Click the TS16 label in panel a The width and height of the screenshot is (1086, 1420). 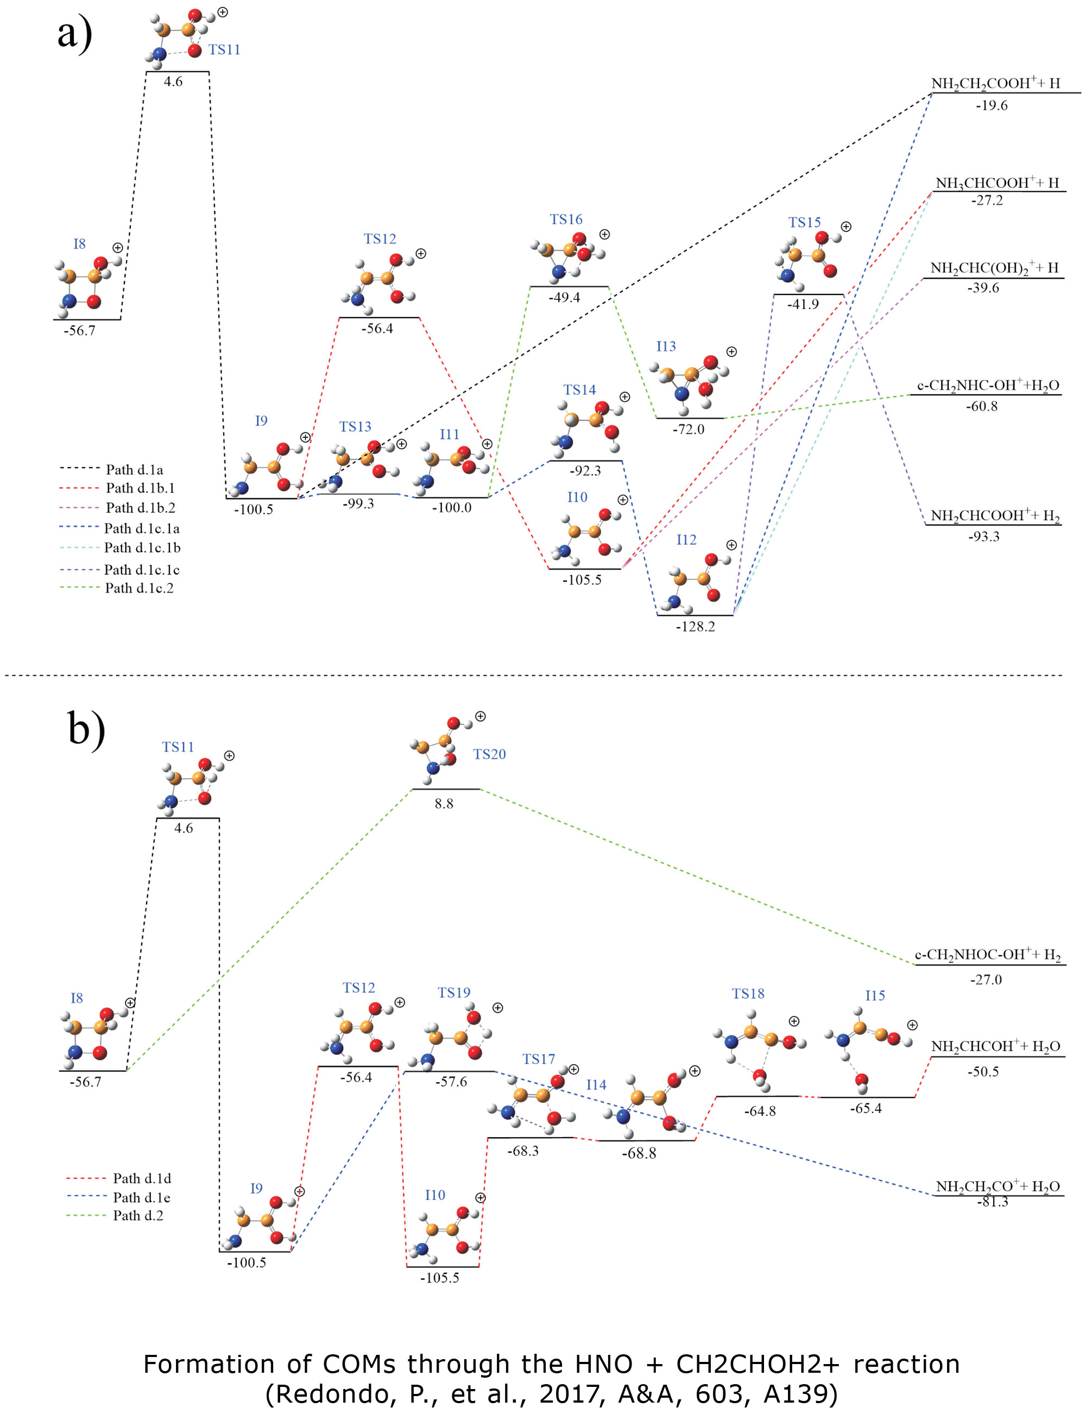pos(566,220)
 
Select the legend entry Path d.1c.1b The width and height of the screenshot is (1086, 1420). pos(142,547)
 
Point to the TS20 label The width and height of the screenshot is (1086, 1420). pos(489,754)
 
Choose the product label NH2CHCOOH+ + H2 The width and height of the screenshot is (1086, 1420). pos(995,515)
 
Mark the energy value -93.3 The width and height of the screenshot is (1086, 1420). pos(984,537)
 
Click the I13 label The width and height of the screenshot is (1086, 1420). pos(666,346)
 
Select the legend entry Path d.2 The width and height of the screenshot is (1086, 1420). pos(138,1215)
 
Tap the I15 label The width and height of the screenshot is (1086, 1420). pos(875,995)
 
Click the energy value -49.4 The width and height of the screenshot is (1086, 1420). pos(564,298)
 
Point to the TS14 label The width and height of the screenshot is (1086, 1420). pos(579,390)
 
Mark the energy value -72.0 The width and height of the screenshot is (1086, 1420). pos(689,429)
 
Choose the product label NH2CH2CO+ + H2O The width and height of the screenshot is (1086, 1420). pos(998,1186)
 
